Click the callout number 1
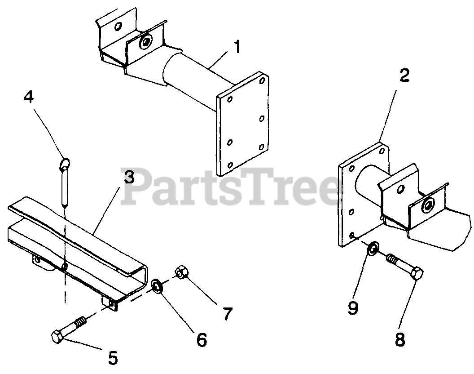[237, 47]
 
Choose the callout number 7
[227, 314]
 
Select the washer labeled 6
[157, 286]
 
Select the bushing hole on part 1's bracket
[146, 41]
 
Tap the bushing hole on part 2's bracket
[427, 205]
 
